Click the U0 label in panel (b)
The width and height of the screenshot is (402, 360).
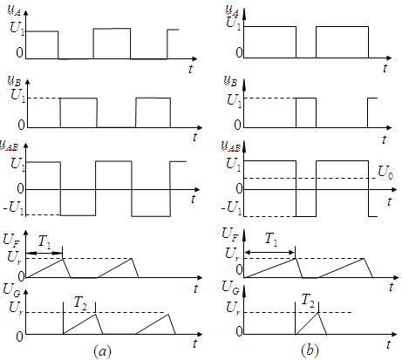(385, 173)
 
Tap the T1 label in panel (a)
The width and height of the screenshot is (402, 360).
(44, 242)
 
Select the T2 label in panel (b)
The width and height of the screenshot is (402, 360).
(308, 299)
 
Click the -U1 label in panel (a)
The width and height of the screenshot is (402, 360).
(14, 208)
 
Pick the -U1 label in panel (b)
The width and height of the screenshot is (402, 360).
(231, 208)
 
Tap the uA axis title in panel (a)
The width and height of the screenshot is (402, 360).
(13, 11)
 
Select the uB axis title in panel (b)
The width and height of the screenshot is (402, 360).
(230, 81)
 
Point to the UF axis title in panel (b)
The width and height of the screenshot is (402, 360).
(230, 234)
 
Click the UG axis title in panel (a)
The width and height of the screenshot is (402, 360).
(11, 290)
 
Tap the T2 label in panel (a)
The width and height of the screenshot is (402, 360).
(80, 303)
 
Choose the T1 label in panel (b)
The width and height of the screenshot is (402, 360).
(271, 240)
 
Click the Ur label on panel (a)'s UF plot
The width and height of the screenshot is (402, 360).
(15, 257)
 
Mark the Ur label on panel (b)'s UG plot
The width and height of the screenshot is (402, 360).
(233, 309)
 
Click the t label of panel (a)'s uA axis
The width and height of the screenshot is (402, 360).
(191, 69)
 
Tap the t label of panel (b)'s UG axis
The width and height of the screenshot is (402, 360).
(389, 344)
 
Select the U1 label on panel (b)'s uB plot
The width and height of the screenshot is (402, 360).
(234, 101)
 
